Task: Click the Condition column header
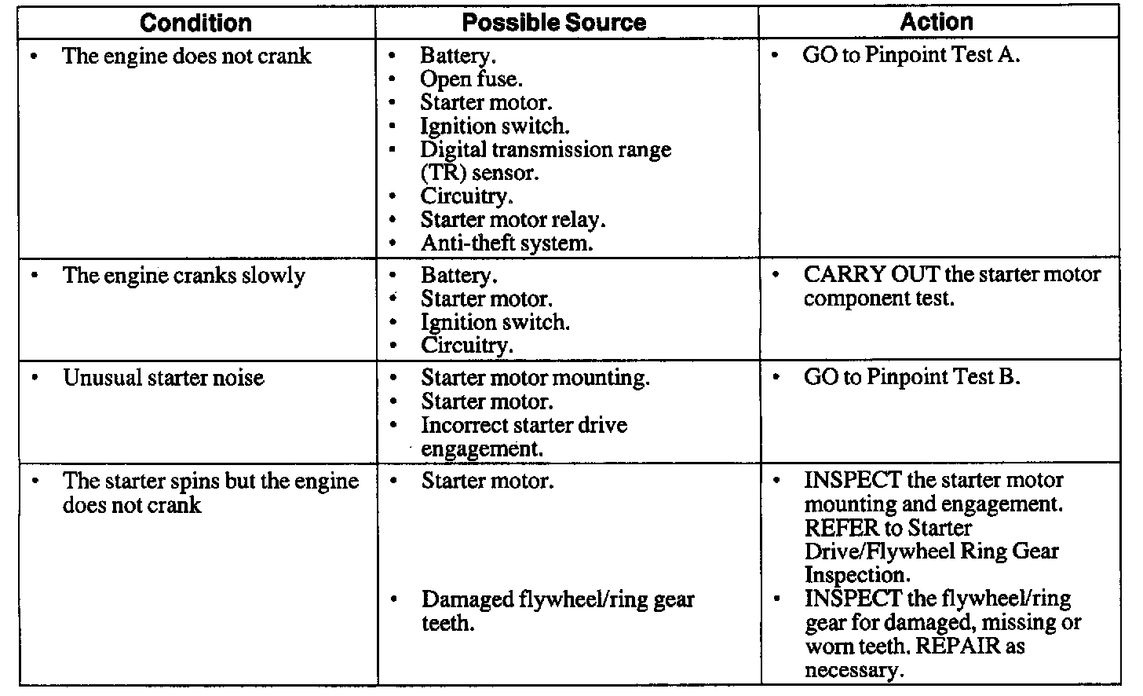point(195,22)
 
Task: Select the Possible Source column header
point(553,22)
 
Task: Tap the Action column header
point(937,22)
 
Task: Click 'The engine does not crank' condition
point(186,57)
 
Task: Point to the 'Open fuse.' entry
point(471,79)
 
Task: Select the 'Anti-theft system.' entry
point(506,244)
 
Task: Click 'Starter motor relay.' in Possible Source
point(513,220)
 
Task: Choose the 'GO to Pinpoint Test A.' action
point(911,56)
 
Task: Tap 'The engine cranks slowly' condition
point(184,277)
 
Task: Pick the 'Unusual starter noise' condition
point(163,378)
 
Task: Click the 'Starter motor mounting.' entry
point(535,378)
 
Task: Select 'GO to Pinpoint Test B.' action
point(911,377)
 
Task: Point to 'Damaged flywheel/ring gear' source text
point(557,600)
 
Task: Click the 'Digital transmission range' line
point(546,149)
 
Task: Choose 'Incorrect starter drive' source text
point(524,426)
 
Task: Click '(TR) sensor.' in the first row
point(480,173)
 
